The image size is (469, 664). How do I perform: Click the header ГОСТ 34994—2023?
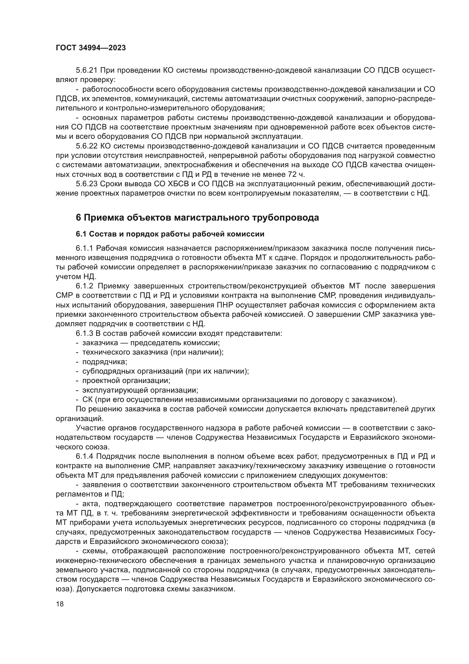[x=91, y=48]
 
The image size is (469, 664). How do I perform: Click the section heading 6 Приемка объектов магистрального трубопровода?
[x=197, y=217]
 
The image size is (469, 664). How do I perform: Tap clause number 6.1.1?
[x=84, y=248]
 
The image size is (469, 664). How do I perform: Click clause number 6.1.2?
[x=84, y=286]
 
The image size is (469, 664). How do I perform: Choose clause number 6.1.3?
[x=84, y=334]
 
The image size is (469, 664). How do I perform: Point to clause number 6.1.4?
[x=84, y=456]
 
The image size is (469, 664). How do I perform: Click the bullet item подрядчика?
[x=105, y=362]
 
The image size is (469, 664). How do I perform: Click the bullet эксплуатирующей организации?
[x=140, y=390]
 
